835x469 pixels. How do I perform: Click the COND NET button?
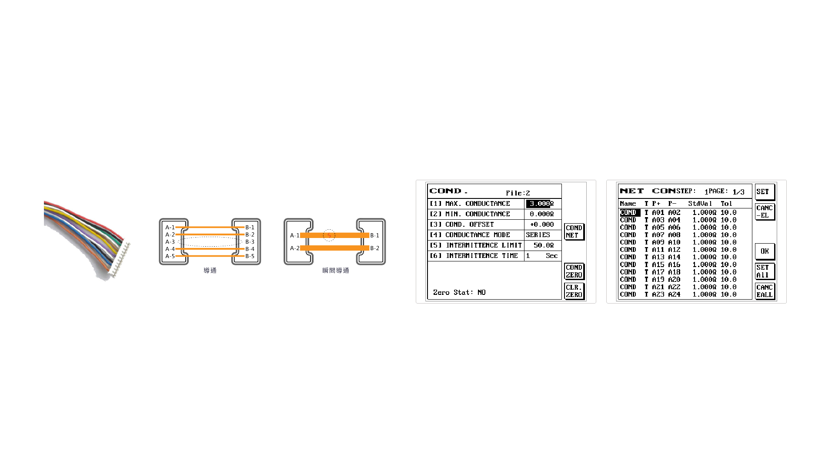click(x=574, y=231)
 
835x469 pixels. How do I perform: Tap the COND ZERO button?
click(x=574, y=271)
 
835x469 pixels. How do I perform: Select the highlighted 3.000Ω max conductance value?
click(x=540, y=204)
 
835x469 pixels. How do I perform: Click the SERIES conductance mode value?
click(x=538, y=235)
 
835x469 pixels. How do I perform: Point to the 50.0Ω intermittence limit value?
click(x=544, y=245)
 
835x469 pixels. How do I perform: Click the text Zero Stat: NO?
click(x=459, y=292)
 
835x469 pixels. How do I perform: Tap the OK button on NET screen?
click(x=765, y=251)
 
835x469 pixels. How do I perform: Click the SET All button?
click(x=765, y=271)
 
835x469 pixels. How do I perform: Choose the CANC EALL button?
click(x=765, y=291)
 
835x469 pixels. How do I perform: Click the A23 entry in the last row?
click(x=658, y=294)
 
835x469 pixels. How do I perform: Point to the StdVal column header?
click(x=700, y=204)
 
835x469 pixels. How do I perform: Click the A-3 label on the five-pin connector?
click(x=170, y=242)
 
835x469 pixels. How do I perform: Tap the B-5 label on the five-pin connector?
click(x=250, y=256)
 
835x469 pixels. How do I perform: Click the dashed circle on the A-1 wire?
click(x=329, y=235)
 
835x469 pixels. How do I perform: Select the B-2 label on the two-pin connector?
click(x=374, y=248)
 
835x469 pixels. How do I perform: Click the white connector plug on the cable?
click(x=120, y=261)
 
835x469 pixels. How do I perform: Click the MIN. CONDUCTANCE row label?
click(x=478, y=214)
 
